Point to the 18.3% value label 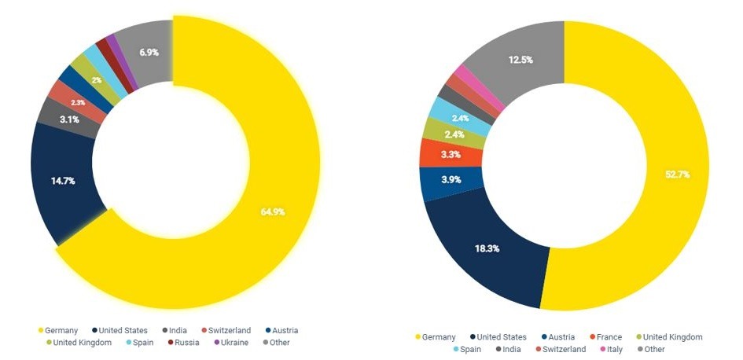(x=485, y=248)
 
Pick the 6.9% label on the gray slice (x=149, y=52)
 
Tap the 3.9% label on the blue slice (x=451, y=179)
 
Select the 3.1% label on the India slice (x=68, y=119)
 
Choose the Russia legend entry (x=186, y=342)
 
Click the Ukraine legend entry (x=231, y=342)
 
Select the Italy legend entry (x=612, y=349)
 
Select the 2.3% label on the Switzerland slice (x=78, y=103)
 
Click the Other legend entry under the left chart (x=277, y=342)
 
